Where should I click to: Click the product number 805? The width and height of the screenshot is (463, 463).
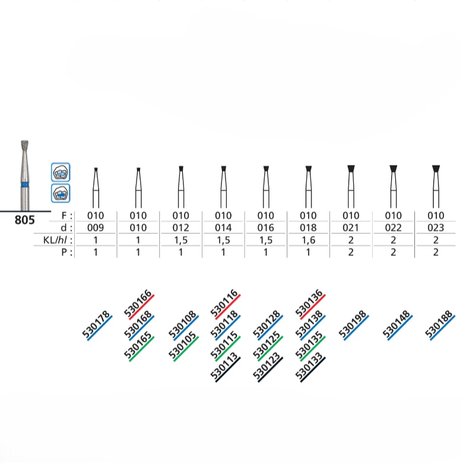point(24,220)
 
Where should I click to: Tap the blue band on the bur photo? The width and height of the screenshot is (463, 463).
point(25,185)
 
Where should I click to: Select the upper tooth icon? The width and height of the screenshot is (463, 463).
point(61,172)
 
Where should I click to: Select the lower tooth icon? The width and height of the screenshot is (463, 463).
point(61,193)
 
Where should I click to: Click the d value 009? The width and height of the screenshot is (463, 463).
point(96,228)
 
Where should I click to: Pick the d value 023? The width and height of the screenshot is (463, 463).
point(436,228)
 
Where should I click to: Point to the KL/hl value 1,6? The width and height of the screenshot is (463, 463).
point(308,240)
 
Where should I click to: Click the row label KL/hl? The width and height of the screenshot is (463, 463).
point(58,240)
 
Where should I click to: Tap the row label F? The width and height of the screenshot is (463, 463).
point(66,215)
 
